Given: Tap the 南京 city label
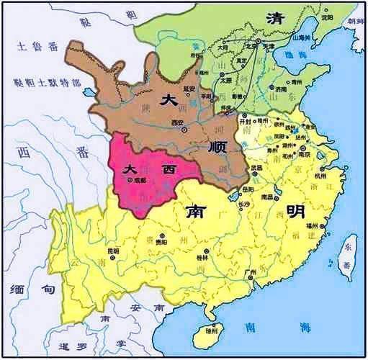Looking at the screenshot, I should (x=295, y=154).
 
